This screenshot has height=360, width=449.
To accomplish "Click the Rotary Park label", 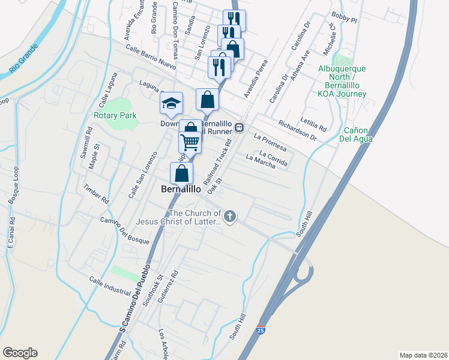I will (x=115, y=115).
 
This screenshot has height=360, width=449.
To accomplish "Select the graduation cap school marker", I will (x=171, y=103).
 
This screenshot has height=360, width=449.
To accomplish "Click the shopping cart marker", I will (x=190, y=143).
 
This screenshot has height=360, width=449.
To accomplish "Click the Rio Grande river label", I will (x=23, y=60).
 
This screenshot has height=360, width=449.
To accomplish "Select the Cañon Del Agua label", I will (x=358, y=134).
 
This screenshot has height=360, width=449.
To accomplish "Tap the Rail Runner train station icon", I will (x=239, y=127).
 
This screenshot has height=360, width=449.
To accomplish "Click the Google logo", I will (x=20, y=353).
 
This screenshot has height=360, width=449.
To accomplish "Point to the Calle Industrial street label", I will (x=109, y=286).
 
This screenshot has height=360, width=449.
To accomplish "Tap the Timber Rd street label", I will (x=96, y=193).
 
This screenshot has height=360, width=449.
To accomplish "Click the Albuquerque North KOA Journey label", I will (x=343, y=86).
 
